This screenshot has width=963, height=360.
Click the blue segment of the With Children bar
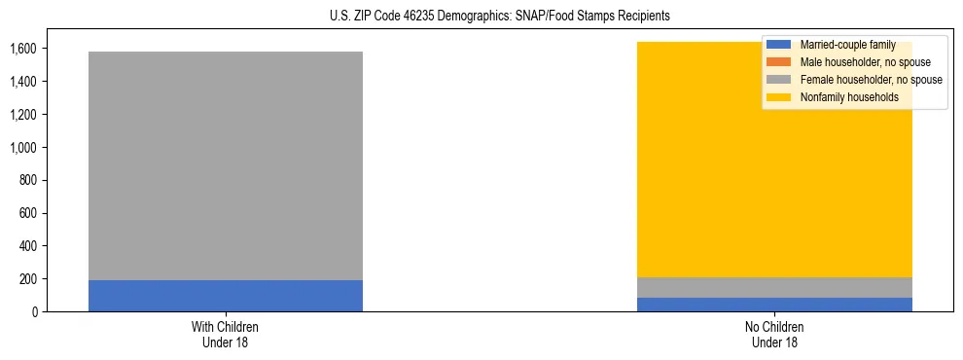click(x=225, y=296)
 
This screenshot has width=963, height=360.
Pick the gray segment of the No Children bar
click(x=774, y=287)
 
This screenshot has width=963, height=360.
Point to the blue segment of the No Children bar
click(x=774, y=305)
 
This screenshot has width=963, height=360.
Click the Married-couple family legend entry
click(x=847, y=45)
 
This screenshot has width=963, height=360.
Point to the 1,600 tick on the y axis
click(x=22, y=49)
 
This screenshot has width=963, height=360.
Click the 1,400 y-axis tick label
click(x=22, y=82)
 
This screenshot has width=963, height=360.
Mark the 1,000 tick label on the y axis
click(x=22, y=148)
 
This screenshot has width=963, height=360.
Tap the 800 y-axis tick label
click(x=27, y=180)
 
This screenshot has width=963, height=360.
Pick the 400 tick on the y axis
click(x=27, y=246)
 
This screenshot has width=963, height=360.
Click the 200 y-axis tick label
click(x=27, y=279)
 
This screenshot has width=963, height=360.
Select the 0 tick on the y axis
click(x=34, y=312)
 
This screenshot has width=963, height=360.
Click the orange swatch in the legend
click(x=779, y=62)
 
